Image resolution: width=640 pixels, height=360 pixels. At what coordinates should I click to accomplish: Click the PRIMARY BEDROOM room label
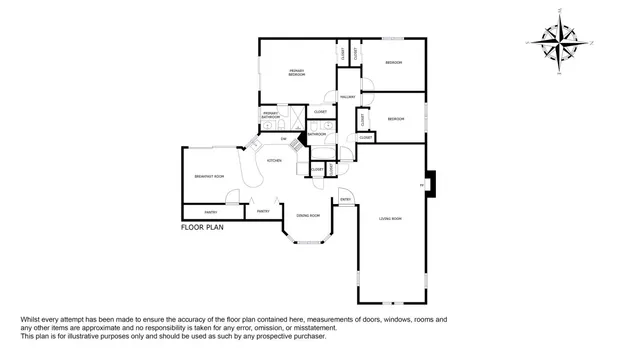click(297, 72)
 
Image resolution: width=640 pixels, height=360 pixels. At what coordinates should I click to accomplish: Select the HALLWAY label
click(348, 97)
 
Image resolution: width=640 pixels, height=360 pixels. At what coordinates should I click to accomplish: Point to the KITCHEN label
click(273, 160)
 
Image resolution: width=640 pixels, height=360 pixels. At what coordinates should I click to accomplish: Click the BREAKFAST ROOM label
click(209, 176)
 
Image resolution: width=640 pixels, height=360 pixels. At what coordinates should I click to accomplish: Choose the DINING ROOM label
click(308, 215)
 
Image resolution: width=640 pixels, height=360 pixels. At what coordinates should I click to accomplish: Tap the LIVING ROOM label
click(389, 219)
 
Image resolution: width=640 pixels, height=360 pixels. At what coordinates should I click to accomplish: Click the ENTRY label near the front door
click(345, 200)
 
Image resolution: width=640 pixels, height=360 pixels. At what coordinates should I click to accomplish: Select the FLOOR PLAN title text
click(202, 227)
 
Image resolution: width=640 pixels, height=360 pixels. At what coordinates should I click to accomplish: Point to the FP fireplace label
click(422, 185)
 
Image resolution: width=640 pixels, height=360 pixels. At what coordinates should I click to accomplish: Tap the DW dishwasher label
click(284, 138)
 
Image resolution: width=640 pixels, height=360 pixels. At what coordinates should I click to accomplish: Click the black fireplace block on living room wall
click(431, 185)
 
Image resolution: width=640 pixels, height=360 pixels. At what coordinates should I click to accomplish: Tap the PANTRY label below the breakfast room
click(211, 212)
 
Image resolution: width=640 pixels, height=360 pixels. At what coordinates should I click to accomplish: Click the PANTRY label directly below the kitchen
click(262, 211)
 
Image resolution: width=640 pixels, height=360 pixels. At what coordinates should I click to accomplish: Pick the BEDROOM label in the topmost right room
click(394, 63)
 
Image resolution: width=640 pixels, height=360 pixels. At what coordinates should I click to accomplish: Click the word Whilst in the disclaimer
click(33, 319)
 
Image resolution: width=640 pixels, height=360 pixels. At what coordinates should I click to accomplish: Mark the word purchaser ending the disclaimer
click(306, 335)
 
